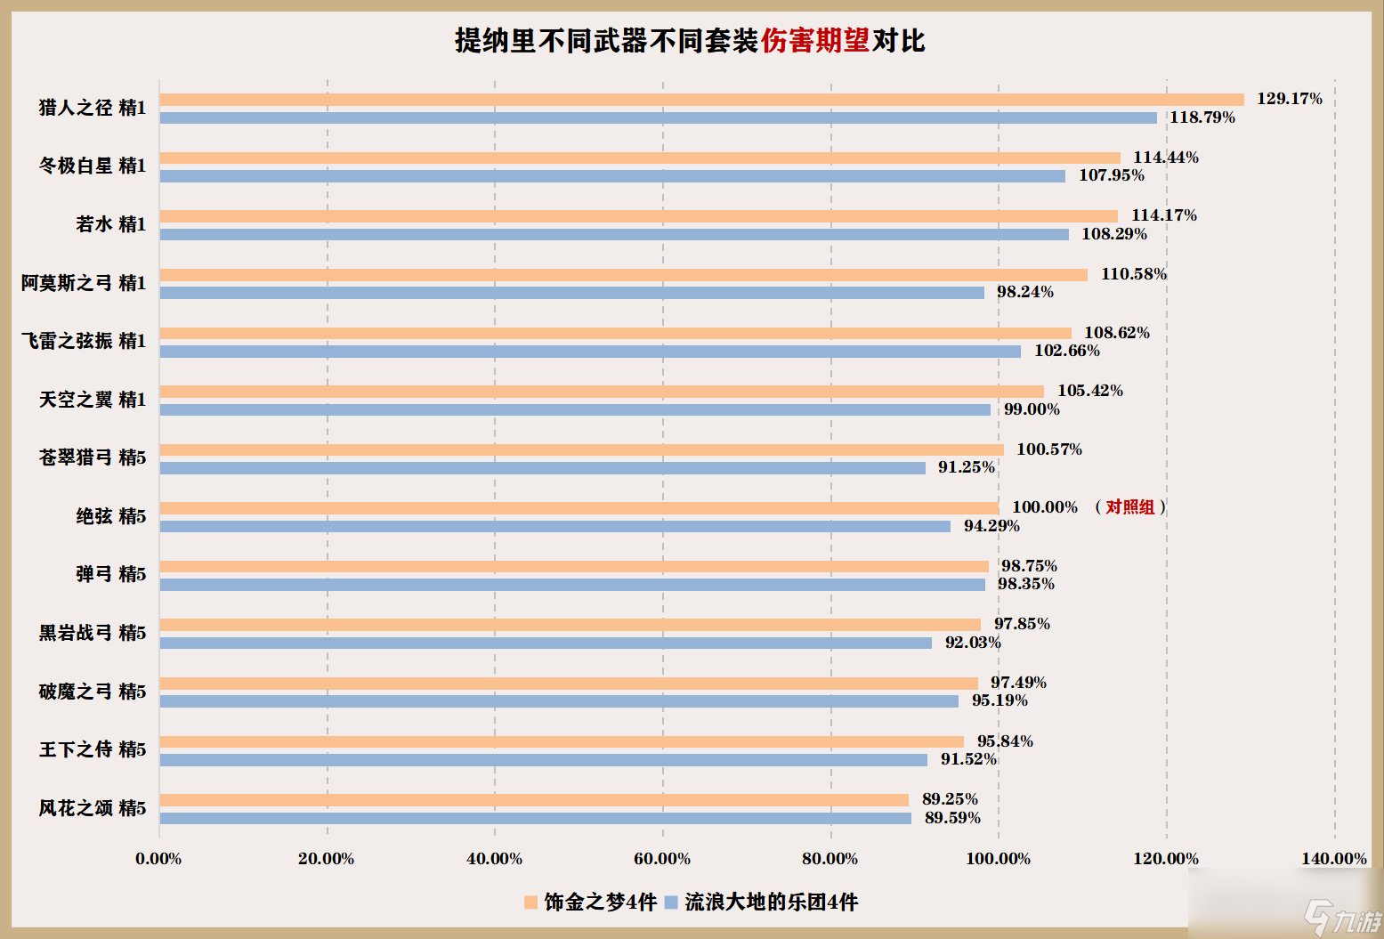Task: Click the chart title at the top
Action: click(690, 41)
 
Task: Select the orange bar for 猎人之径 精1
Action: click(701, 100)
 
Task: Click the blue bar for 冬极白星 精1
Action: click(612, 176)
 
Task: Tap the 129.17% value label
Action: click(1289, 99)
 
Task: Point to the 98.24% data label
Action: click(1024, 292)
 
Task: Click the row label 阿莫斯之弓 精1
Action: click(84, 283)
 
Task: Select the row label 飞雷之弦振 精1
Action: click(84, 341)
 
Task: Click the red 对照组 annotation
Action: click(1129, 507)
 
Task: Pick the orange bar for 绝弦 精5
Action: click(579, 508)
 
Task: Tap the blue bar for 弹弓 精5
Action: click(572, 585)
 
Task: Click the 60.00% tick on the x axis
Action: click(662, 859)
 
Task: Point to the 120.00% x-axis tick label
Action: click(1166, 859)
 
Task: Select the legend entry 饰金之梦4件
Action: click(591, 903)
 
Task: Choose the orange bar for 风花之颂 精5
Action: click(534, 800)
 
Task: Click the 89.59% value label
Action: click(952, 818)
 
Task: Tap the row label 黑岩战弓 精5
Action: click(93, 633)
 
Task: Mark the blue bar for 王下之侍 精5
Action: click(543, 760)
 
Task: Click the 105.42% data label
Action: click(1090, 391)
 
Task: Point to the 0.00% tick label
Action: click(158, 859)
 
